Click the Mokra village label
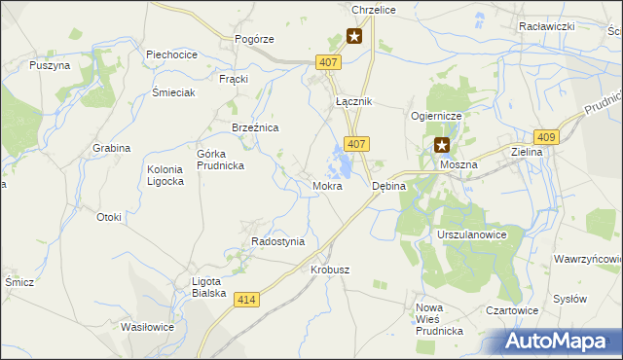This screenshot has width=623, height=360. tap(327, 185)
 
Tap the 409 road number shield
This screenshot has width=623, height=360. tap(547, 138)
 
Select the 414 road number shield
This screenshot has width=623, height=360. tap(247, 302)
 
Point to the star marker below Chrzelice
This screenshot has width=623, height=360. tap(354, 37)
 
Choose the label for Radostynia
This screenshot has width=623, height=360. tap(277, 241)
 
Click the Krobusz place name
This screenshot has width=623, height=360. tap(329, 269)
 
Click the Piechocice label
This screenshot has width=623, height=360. tap(172, 54)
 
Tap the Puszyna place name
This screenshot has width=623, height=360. tap(50, 65)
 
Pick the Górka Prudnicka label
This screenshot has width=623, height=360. tap(220, 160)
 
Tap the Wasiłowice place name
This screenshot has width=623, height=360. tap(146, 327)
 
